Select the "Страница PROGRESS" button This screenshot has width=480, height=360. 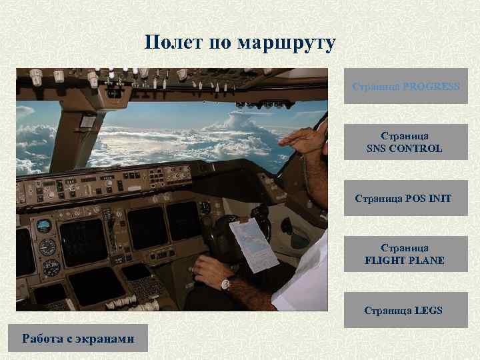pos(405,87)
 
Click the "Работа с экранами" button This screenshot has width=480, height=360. pos(78,339)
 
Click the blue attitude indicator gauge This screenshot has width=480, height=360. pos(44,225)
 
